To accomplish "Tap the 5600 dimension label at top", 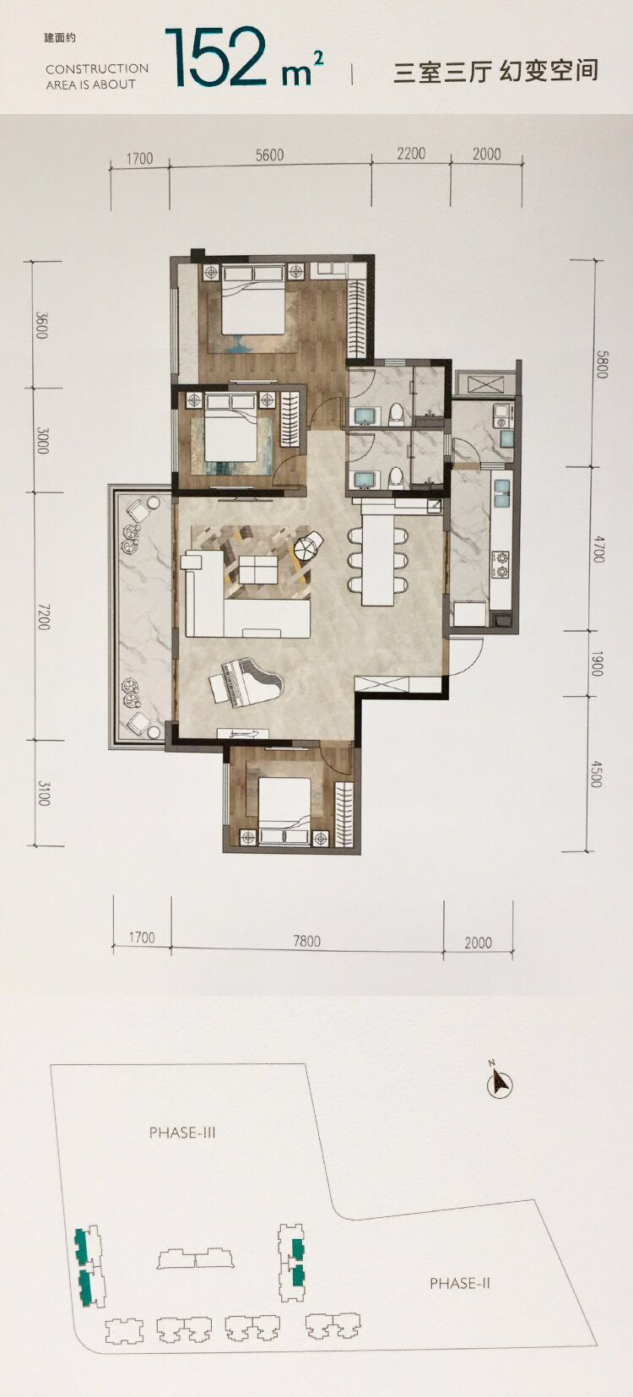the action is click(x=269, y=155).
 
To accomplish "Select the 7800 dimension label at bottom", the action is click(x=306, y=940).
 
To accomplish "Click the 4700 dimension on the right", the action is click(x=598, y=548).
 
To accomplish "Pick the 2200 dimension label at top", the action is click(x=410, y=153).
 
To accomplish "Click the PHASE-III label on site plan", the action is click(x=182, y=1132).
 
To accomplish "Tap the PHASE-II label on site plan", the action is click(x=460, y=1283).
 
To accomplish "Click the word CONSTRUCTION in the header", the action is click(x=97, y=69).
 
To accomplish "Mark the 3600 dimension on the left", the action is click(x=41, y=325).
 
